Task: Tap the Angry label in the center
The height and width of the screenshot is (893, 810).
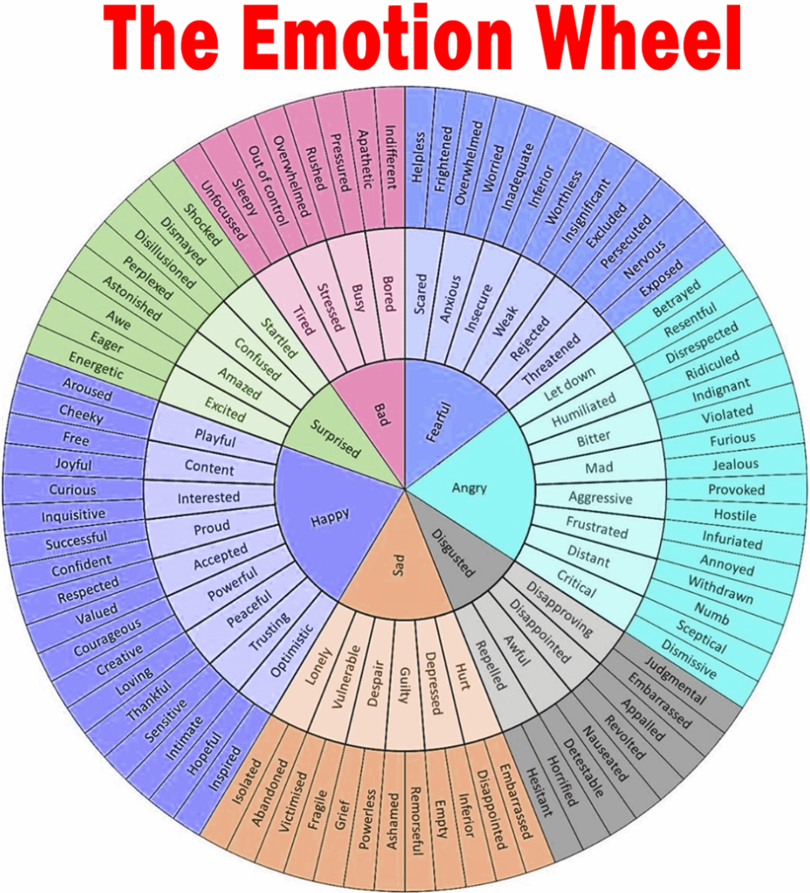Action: coord(469,487)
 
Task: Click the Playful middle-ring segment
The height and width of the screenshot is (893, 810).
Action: coord(214,435)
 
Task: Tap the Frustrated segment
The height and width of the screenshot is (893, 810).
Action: coord(596,528)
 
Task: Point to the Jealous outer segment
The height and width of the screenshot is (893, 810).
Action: coord(735,465)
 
